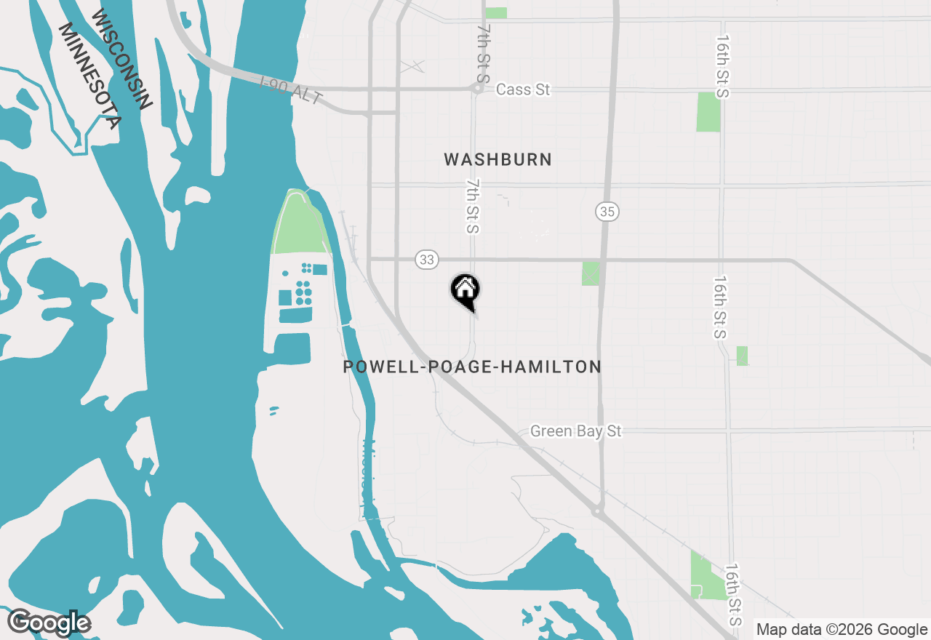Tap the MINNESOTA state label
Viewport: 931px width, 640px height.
(x=89, y=76)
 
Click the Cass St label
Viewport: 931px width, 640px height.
(x=523, y=89)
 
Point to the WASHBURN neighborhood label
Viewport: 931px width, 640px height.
(x=498, y=159)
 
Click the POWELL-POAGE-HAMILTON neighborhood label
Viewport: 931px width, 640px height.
(x=472, y=367)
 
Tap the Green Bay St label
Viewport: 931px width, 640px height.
(x=575, y=431)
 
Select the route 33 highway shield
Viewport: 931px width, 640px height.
(x=428, y=259)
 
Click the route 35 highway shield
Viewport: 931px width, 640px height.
(x=607, y=212)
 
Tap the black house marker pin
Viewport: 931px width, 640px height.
(x=465, y=291)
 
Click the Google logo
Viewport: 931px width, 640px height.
(x=49, y=623)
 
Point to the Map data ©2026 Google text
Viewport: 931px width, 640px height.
(x=842, y=629)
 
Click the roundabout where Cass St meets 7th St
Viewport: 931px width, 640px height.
(x=477, y=89)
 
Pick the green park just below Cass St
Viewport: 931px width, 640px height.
(x=708, y=111)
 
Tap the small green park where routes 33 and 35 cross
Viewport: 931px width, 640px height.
(x=591, y=273)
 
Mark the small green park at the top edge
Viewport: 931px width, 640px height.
(x=496, y=12)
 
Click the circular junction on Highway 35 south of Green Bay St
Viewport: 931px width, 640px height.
(x=597, y=511)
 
